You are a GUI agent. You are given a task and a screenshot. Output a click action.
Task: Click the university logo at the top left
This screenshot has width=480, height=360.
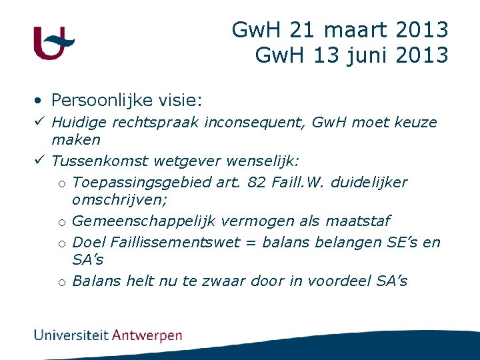tap(53, 43)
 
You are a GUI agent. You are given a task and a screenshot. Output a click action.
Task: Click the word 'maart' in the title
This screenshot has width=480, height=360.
tap(357, 30)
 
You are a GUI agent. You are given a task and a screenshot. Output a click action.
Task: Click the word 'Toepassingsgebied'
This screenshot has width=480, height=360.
tap(138, 183)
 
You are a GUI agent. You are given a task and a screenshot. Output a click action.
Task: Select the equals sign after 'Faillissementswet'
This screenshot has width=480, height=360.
tap(251, 243)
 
